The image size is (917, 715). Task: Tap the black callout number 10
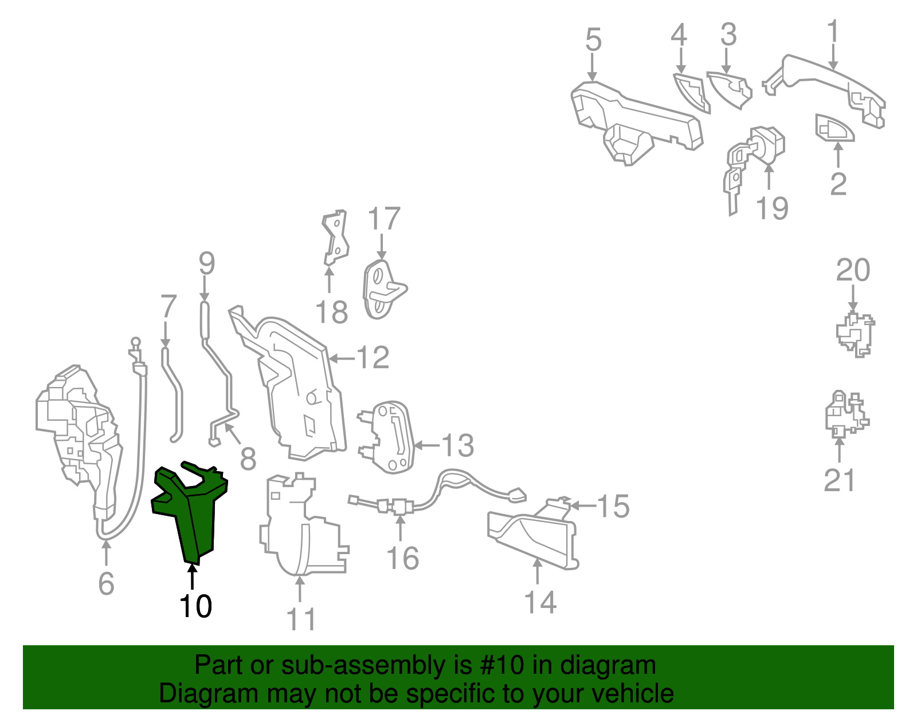(195, 607)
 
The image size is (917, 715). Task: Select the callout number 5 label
(593, 40)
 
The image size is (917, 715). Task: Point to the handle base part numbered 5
(633, 122)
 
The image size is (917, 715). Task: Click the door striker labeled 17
(382, 291)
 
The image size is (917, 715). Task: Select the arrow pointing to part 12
(342, 358)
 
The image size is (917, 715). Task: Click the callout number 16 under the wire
(402, 558)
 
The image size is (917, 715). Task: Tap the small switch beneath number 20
(855, 335)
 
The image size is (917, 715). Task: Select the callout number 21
(840, 480)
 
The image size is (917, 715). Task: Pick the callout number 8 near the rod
(248, 459)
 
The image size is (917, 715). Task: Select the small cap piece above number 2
(834, 128)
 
